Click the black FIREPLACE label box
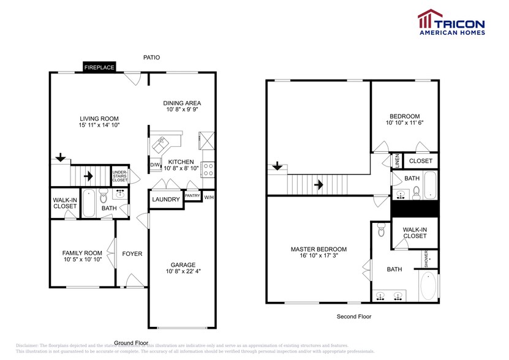tap(99, 67)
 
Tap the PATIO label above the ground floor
tap(151, 58)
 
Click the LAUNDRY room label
tap(166, 200)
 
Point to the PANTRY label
tap(192, 197)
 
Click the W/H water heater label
tap(209, 197)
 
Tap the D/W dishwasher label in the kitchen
tap(155, 165)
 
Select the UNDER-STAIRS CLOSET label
tap(119, 176)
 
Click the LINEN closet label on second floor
tap(396, 160)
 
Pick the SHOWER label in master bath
tap(426, 259)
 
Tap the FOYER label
tap(132, 254)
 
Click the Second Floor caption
tap(354, 317)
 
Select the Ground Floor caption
tap(131, 342)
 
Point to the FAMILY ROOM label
tap(81, 253)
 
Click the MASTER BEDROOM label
tap(319, 249)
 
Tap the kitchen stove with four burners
tap(208, 166)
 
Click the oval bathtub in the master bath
tap(428, 286)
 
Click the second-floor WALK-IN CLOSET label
tap(415, 232)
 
